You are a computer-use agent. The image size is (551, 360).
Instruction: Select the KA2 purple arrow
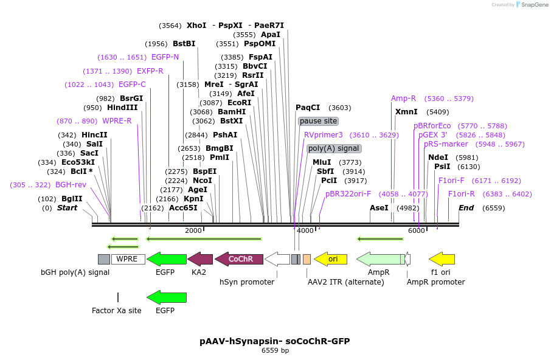200,259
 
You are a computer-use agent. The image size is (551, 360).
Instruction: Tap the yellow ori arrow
330,259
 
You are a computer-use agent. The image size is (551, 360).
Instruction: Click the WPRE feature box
128,259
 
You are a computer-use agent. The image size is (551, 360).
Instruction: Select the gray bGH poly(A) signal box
104,259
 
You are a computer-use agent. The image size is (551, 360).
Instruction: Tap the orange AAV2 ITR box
307,259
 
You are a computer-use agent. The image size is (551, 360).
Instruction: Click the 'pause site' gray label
318,121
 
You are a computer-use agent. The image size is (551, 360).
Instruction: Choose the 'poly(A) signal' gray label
334,148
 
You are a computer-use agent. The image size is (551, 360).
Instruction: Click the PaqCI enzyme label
308,108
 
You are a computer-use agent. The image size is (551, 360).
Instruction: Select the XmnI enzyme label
406,112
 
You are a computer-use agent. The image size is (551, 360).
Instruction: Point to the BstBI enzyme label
184,44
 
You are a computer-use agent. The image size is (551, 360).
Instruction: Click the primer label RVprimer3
324,135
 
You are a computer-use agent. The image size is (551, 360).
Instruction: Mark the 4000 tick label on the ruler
305,231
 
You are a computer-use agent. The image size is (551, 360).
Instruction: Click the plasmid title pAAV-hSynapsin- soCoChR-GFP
275,341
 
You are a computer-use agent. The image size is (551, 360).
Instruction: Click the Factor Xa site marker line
118,297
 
